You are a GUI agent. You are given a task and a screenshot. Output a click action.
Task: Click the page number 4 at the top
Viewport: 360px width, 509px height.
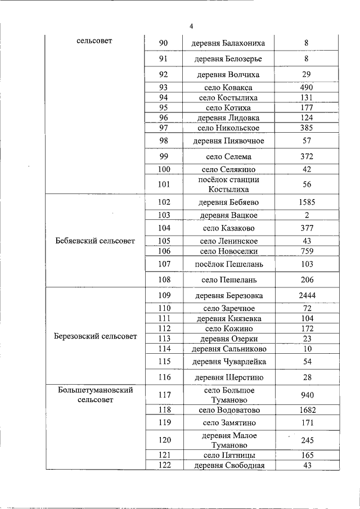tap(191, 26)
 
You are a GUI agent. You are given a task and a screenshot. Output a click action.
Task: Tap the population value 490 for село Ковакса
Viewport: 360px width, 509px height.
tap(307, 87)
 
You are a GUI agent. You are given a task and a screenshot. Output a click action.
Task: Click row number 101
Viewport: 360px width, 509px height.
tap(164, 184)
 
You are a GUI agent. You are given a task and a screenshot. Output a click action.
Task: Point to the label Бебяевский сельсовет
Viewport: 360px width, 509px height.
tap(96, 241)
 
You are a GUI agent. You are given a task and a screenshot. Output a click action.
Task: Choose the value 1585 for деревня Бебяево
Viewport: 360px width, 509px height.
tap(307, 202)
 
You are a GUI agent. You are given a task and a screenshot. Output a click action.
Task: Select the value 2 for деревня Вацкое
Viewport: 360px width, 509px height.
tap(307, 215)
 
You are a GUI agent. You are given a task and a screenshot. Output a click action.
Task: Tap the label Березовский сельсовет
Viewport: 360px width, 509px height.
tap(96, 336)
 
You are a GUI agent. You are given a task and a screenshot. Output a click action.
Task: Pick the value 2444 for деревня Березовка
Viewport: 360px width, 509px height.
tap(307, 295)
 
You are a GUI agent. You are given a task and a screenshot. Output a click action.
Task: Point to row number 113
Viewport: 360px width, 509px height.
tap(164, 339)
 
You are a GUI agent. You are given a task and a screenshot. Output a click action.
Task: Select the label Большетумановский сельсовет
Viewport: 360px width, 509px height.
tap(96, 395)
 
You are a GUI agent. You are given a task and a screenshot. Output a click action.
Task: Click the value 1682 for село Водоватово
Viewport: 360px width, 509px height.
tap(307, 410)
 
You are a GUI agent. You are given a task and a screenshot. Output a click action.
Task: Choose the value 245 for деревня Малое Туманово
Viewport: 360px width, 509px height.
tap(307, 440)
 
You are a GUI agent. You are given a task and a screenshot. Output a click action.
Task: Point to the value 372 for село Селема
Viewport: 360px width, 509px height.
tap(307, 156)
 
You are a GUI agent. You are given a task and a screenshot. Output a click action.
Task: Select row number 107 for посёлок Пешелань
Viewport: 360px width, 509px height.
tap(164, 263)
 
